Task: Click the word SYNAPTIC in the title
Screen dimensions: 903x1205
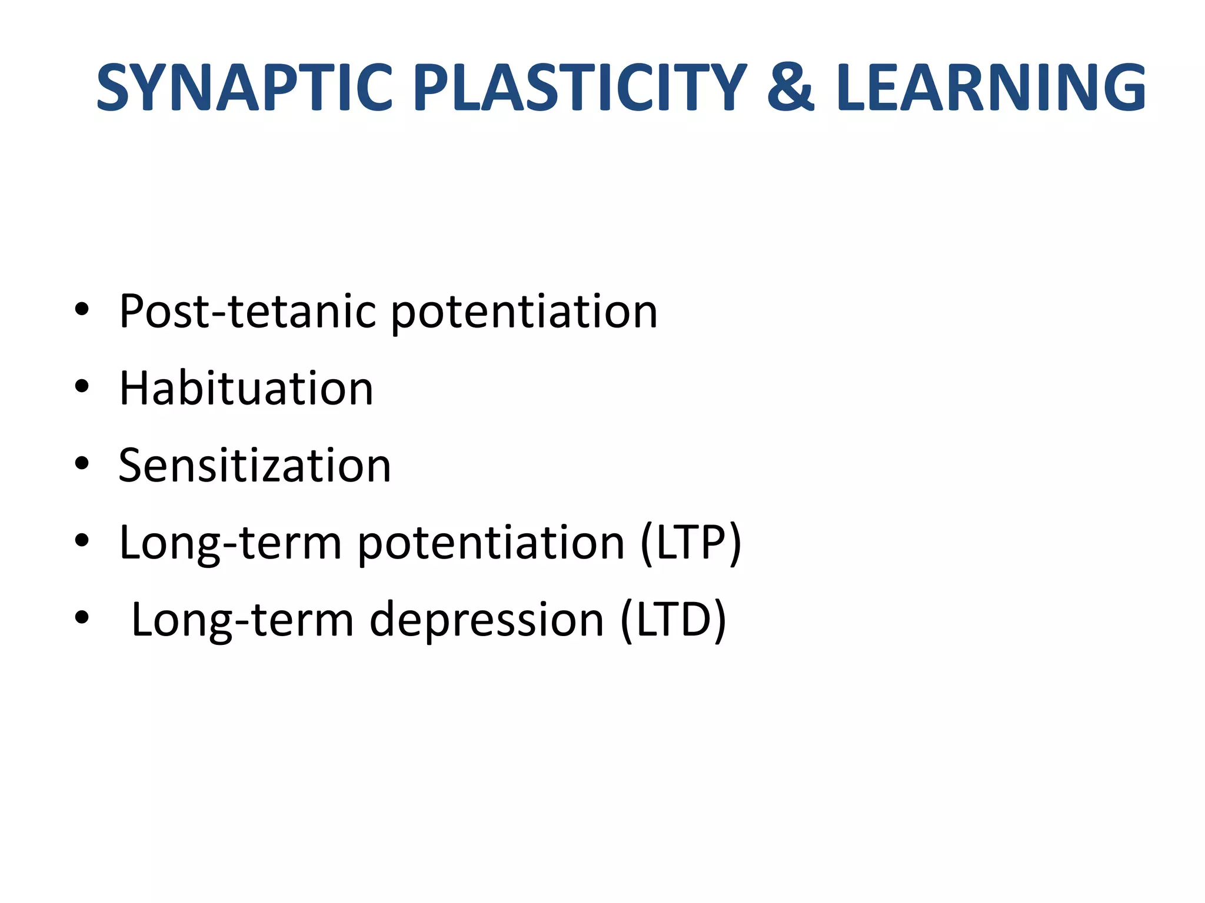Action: click(244, 88)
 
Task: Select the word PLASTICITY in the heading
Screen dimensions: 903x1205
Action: click(580, 88)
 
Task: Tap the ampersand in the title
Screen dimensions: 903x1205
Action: click(791, 88)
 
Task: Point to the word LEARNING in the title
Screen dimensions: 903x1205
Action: click(991, 88)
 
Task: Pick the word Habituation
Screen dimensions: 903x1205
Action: click(246, 389)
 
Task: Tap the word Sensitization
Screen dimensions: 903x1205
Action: click(255, 466)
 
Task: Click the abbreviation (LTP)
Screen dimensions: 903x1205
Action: click(691, 543)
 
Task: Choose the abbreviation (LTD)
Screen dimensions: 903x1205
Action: click(674, 620)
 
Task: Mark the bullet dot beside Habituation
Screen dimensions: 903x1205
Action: click(82, 387)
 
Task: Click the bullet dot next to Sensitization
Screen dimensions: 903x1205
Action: click(82, 464)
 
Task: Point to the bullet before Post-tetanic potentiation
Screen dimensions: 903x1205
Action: click(82, 309)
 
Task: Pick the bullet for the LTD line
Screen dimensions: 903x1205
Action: click(82, 617)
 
